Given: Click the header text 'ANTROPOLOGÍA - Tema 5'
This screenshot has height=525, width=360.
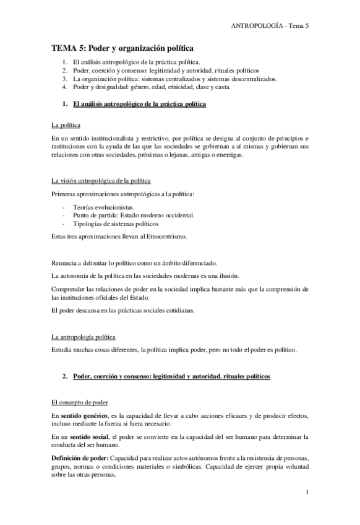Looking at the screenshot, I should click(269, 25).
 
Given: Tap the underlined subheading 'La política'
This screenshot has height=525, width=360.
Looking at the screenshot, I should click(64, 125).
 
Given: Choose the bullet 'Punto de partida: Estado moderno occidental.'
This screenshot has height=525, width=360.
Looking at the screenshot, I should click(134, 215).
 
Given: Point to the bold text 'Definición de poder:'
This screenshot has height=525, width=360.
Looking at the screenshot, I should click(79, 458).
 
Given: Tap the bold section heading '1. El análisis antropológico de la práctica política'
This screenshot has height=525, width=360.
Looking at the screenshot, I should click(139, 103).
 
